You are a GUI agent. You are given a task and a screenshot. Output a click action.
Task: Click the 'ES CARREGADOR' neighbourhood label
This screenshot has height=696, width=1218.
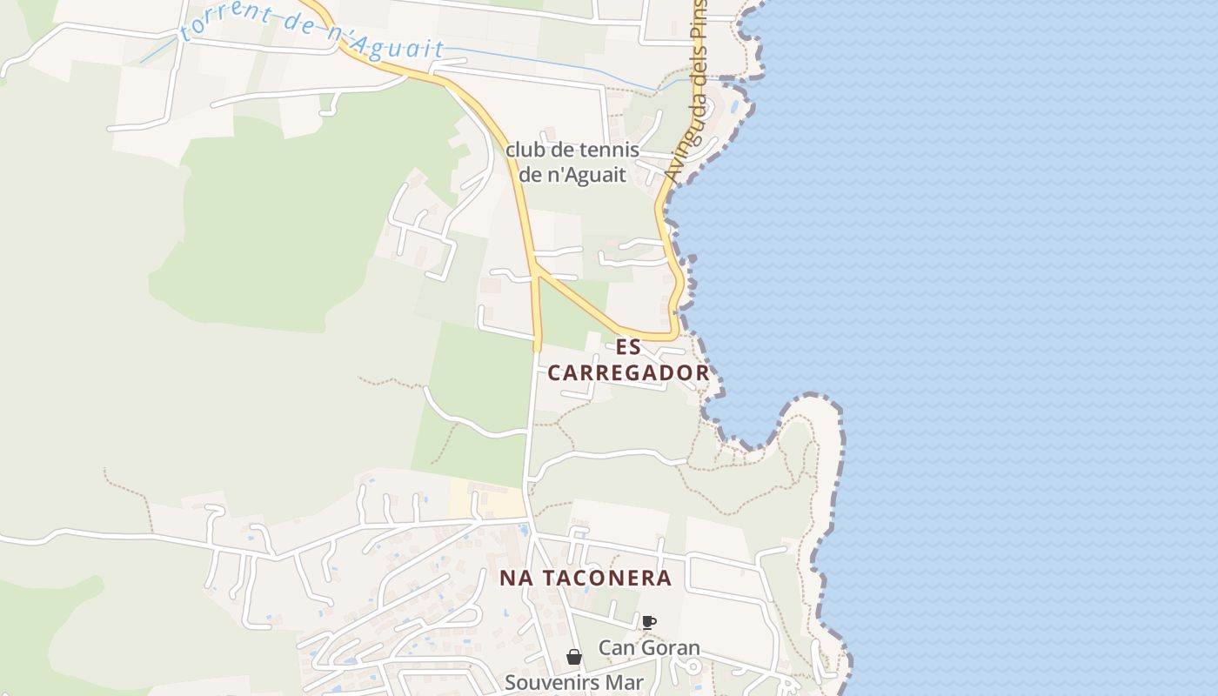point(628,360)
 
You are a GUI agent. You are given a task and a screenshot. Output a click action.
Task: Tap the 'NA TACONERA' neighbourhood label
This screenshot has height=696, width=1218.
point(586,579)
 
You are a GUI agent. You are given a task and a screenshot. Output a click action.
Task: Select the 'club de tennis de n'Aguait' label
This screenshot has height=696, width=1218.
point(572,162)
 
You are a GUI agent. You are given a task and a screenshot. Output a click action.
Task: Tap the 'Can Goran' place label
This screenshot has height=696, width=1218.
point(649,648)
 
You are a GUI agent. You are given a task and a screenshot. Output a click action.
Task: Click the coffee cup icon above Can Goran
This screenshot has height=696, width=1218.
point(648,622)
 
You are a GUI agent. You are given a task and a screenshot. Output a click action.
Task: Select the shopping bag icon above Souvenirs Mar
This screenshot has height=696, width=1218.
point(574,657)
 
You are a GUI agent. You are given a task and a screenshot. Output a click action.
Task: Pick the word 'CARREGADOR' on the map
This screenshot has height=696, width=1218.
point(628,373)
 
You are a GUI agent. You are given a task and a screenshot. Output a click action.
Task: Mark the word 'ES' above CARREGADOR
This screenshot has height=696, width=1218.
point(628,347)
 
